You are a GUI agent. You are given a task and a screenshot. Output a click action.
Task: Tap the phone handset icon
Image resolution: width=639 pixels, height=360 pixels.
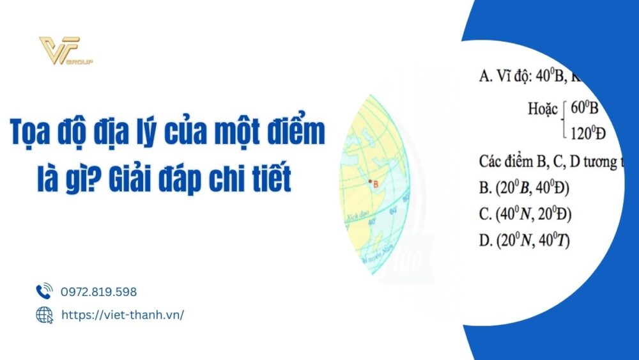[x=44, y=292]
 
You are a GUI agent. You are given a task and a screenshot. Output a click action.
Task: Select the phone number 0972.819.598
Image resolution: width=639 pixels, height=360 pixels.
[x=98, y=292]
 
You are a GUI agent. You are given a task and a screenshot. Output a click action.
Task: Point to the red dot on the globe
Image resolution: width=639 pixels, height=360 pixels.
[x=370, y=182]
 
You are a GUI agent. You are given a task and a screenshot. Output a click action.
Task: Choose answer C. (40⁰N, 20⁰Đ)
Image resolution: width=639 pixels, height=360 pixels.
[x=525, y=214]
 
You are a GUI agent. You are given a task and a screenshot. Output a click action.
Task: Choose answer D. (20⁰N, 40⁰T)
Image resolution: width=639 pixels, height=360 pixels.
[x=524, y=240]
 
